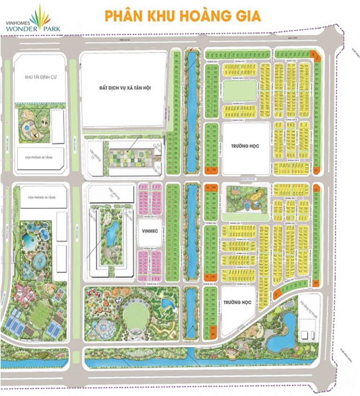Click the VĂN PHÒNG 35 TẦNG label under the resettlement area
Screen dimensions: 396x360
click(x=39, y=158)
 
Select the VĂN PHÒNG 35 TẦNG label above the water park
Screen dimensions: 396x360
click(x=41, y=197)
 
